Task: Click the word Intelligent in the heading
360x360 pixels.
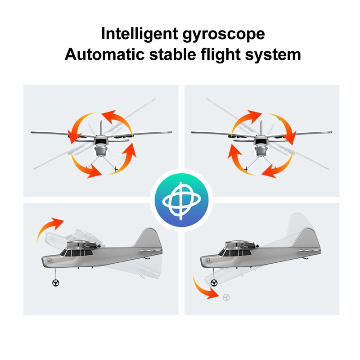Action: point(139,34)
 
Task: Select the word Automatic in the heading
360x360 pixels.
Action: point(104,54)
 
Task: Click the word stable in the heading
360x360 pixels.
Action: point(172,54)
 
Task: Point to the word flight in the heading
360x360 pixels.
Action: point(220,55)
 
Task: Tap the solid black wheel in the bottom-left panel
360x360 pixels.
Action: point(55,283)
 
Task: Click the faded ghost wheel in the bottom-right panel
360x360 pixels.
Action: point(226,297)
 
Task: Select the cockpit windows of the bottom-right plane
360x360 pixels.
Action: point(234,253)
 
